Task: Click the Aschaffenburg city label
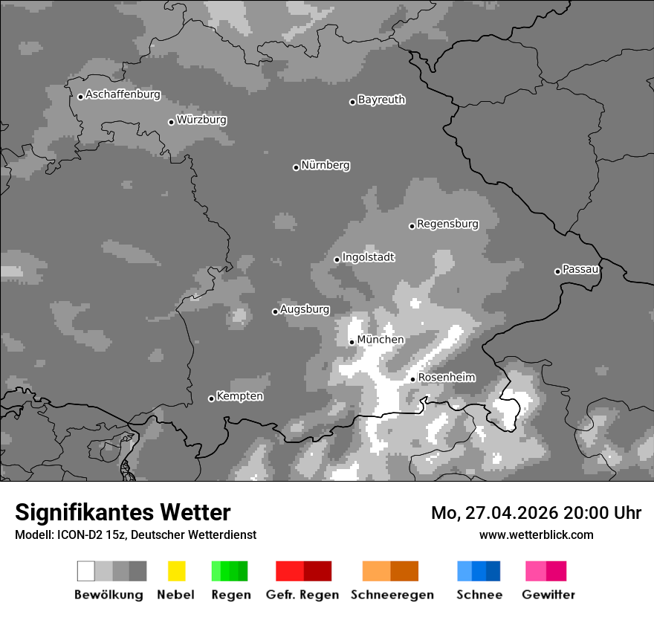click(x=123, y=94)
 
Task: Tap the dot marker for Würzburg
click(x=171, y=122)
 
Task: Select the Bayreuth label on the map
click(x=381, y=100)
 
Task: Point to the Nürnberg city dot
click(x=296, y=167)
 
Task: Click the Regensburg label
click(x=447, y=224)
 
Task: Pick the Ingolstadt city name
click(x=368, y=257)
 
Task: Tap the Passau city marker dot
click(x=557, y=271)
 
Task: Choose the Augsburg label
click(x=305, y=309)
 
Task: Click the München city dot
click(x=352, y=343)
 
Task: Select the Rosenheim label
click(x=447, y=377)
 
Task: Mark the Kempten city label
click(x=239, y=396)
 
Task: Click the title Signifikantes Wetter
click(x=123, y=512)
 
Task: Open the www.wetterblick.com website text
click(x=536, y=534)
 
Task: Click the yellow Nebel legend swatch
click(x=176, y=571)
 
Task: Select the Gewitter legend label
click(x=548, y=595)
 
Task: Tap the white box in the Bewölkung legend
click(x=86, y=571)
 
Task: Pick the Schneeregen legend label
click(x=392, y=595)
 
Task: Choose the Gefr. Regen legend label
click(x=302, y=595)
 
